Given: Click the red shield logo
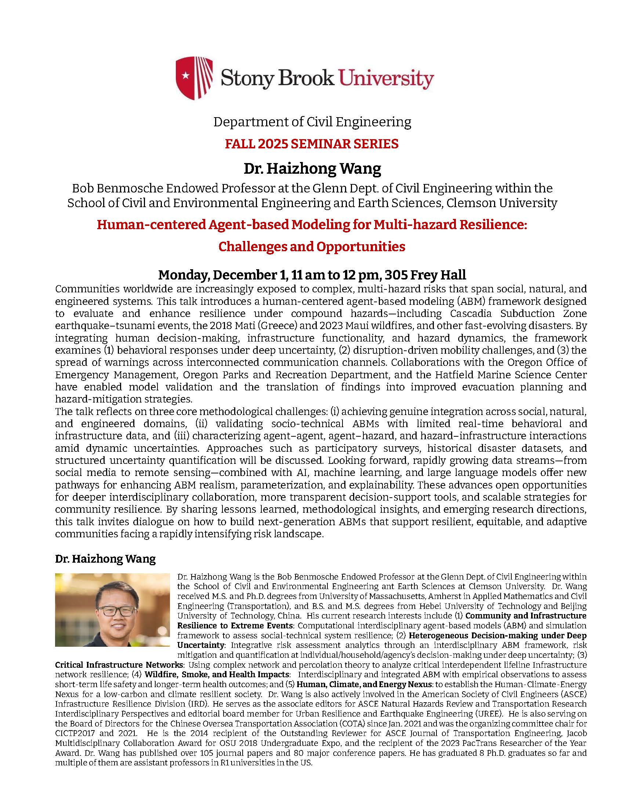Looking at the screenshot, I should [195, 79].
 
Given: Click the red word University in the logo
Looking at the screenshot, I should [386, 79].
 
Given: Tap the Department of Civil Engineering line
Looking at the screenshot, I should [312, 122].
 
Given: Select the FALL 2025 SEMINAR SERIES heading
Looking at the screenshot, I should [312, 144].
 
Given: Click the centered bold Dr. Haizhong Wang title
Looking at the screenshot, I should [312, 169].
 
